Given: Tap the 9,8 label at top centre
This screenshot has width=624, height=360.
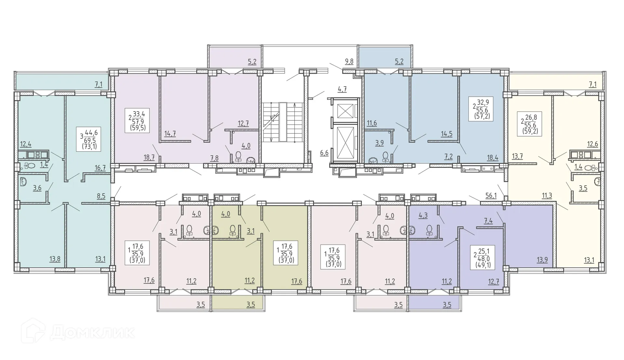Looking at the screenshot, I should (349, 61).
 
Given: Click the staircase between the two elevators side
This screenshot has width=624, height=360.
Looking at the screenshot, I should (283, 122).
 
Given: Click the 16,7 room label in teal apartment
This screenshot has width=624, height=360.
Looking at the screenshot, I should (100, 168).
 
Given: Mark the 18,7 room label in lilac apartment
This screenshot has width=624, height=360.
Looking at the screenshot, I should (149, 158).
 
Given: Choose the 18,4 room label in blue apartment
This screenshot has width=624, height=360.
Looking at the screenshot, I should (492, 158).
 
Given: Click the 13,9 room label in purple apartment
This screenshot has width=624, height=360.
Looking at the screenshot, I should (542, 260).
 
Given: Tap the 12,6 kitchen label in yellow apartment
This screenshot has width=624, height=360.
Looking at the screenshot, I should (592, 144).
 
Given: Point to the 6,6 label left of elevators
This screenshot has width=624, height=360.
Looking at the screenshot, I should (324, 153).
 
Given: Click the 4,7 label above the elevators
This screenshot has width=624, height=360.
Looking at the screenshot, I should (342, 89).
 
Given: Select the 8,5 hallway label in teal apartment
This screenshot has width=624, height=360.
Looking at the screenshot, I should (101, 196).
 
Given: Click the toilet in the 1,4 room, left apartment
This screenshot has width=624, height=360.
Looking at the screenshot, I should (30, 166).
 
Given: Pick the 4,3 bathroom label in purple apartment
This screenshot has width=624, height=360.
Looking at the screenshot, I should (423, 215).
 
